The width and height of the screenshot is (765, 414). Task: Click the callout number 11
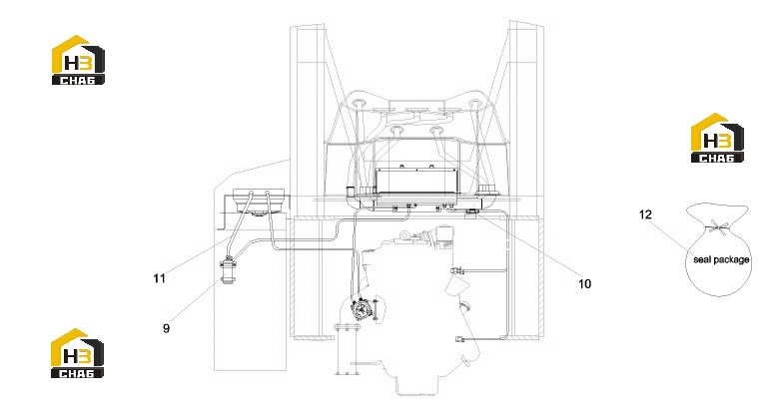(x=159, y=278)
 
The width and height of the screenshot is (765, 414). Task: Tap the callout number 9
(x=166, y=328)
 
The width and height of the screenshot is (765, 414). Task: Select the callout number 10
(x=584, y=283)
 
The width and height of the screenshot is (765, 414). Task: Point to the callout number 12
(x=645, y=214)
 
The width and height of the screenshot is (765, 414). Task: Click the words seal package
(x=721, y=259)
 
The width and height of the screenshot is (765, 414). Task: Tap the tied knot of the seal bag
(x=717, y=226)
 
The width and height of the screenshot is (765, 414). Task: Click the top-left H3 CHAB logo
(x=78, y=60)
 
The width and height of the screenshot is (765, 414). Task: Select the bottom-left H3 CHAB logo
(x=78, y=353)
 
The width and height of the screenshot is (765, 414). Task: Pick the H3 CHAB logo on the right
(x=717, y=138)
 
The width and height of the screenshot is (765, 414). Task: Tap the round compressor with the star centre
(x=362, y=309)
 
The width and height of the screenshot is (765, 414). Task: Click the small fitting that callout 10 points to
(x=471, y=212)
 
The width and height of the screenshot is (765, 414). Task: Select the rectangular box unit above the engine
(x=416, y=181)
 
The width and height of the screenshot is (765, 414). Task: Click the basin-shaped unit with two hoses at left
(x=258, y=201)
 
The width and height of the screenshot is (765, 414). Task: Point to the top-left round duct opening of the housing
(x=361, y=103)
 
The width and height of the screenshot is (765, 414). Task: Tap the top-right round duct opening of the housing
(x=473, y=104)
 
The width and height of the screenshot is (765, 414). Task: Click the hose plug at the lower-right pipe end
(x=459, y=339)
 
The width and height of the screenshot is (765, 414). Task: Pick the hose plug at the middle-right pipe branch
(x=455, y=270)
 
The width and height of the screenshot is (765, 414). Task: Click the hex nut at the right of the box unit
(x=485, y=189)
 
